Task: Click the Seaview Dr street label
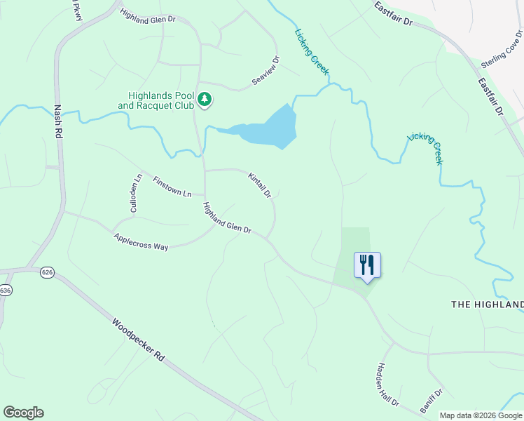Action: (x=266, y=72)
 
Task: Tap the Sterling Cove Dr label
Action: (x=502, y=51)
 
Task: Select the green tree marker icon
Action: (x=205, y=100)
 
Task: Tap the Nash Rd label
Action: (x=58, y=123)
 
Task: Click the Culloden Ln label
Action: (x=136, y=194)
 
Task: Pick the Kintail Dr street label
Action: (x=259, y=185)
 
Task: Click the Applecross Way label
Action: (x=141, y=242)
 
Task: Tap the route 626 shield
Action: (x=47, y=272)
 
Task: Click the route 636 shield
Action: (x=5, y=290)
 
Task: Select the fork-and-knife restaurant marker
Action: (x=367, y=265)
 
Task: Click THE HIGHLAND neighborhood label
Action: (x=487, y=304)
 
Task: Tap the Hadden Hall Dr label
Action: (x=387, y=385)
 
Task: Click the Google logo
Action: (x=23, y=413)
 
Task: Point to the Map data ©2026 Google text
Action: (x=480, y=415)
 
